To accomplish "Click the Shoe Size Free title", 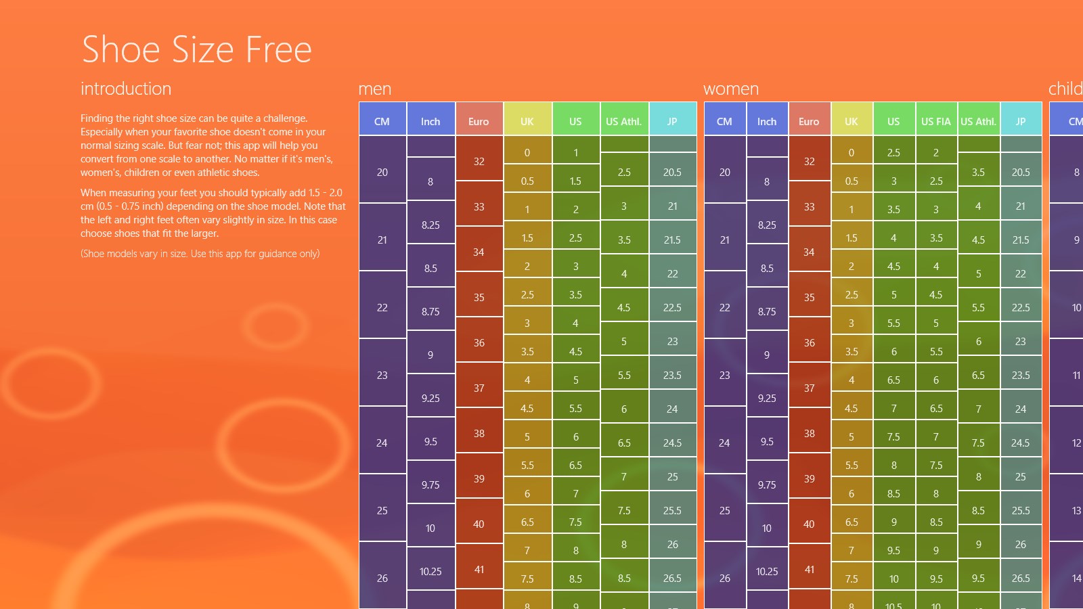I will (x=196, y=49).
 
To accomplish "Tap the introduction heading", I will (x=126, y=89).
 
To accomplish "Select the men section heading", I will (x=375, y=89).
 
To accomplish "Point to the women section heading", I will (x=731, y=89).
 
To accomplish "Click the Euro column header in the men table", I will (x=479, y=121).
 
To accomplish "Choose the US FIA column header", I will (x=936, y=121).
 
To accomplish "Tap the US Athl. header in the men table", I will (x=623, y=121).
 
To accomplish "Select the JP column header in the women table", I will (x=1021, y=121).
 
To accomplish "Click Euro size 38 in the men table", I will (x=479, y=433).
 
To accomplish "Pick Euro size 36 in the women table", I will (x=809, y=342).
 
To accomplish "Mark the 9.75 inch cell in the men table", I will (x=430, y=484).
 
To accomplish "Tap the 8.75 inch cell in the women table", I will (x=767, y=311).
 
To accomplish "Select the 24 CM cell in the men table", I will (x=382, y=443).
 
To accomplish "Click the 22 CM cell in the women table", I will (x=724, y=307).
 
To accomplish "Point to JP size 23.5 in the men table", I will (x=672, y=375).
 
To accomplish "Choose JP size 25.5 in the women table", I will (x=1021, y=510).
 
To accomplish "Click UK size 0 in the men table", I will (x=527, y=152).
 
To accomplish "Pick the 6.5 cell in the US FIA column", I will (x=936, y=408).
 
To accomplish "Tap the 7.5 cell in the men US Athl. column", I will (x=624, y=510).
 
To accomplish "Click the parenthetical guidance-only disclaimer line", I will (x=200, y=254).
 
